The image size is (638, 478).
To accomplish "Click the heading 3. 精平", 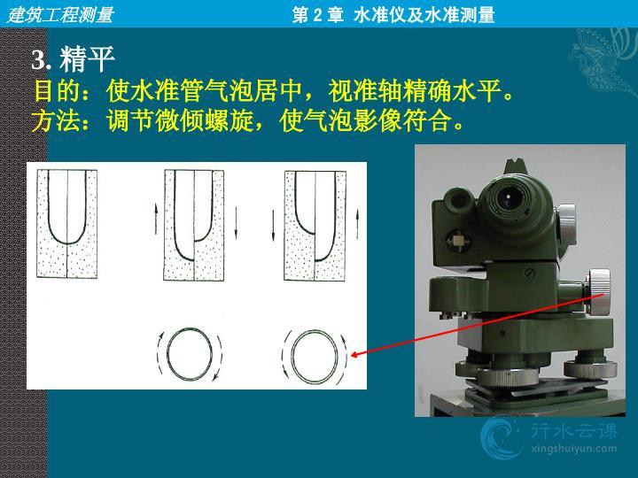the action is click(73, 59).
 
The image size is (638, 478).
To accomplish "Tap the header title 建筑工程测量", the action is click(60, 15).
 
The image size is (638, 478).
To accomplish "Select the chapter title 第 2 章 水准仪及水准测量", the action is click(393, 15).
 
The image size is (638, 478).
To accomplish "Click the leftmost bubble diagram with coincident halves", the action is click(67, 224).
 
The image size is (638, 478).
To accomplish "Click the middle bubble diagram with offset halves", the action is click(194, 225).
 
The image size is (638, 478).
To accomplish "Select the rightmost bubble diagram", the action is click(315, 226).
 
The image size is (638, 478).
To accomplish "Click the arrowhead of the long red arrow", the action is click(353, 355).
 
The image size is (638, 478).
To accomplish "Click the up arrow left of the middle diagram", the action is click(156, 220).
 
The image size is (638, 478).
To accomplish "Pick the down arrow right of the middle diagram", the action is click(236, 222).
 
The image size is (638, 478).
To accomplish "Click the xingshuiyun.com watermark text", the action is click(573, 449).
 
